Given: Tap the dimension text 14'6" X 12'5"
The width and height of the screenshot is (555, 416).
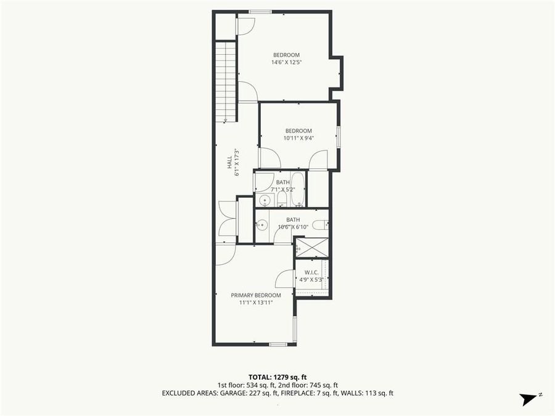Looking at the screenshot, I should click(x=286, y=62).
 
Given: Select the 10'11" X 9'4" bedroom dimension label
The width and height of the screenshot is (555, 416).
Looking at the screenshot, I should click(x=298, y=138).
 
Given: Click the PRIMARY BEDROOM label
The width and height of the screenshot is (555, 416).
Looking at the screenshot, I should click(x=256, y=295).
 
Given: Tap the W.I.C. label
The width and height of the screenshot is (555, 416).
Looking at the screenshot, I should click(x=311, y=272).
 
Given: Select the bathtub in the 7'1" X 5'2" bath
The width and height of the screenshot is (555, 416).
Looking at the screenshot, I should click(x=298, y=190).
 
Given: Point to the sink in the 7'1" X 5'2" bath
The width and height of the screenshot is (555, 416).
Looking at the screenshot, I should click(x=265, y=200).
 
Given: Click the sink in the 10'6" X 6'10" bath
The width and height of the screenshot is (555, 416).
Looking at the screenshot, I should click(x=261, y=225).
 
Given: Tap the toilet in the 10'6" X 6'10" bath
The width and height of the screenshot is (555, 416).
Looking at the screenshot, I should click(x=320, y=225).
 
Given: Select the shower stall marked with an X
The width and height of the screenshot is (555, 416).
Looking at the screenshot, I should click(x=311, y=247).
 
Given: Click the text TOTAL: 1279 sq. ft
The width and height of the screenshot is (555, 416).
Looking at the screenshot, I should click(x=277, y=377).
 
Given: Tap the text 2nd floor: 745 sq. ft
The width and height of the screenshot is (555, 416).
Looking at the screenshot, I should click(x=309, y=385).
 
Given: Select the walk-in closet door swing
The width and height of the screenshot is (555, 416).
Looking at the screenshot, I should click(x=285, y=279).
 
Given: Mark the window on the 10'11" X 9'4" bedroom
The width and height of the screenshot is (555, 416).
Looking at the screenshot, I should click(x=338, y=137).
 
